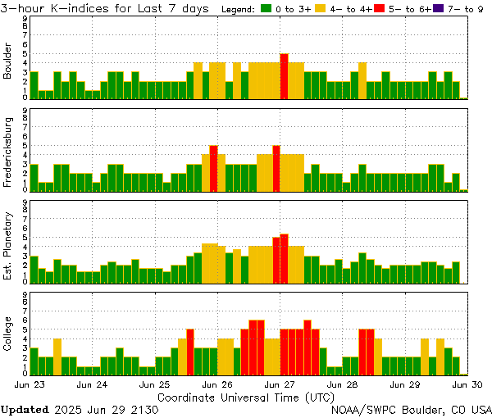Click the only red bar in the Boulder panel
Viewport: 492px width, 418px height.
[284, 75]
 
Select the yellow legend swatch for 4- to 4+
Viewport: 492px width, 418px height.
[320, 8]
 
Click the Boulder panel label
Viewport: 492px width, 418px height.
[8, 62]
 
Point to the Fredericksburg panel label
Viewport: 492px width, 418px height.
[8, 153]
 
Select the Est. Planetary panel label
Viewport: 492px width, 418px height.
[8, 246]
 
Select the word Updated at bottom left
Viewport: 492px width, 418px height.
[25, 408]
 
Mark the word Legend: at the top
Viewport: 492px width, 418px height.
[238, 8]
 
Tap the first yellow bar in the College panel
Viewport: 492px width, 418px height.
[57, 356]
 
